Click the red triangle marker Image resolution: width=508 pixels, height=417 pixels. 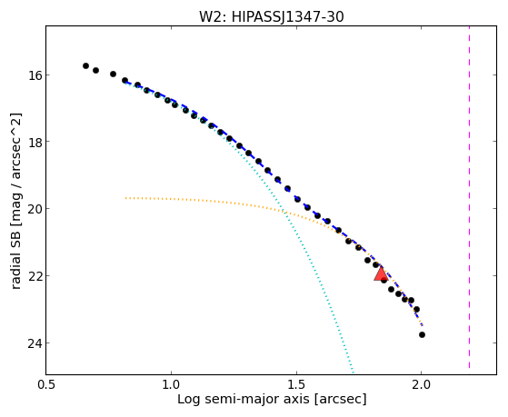tap(381, 273)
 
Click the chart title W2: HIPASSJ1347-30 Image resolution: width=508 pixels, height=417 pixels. tap(272, 16)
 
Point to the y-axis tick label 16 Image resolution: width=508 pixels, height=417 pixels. tap(35, 75)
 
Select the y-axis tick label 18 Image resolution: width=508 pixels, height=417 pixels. tap(35, 142)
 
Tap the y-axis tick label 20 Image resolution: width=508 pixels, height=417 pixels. tap(35, 209)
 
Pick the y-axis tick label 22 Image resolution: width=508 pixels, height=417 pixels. tap(35, 276)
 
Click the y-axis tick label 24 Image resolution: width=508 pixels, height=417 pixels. tap(35, 343)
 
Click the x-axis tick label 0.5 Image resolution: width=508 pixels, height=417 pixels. tap(46, 384)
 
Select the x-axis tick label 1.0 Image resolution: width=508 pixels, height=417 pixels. tap(171, 384)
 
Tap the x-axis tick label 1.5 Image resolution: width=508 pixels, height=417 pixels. tap(296, 384)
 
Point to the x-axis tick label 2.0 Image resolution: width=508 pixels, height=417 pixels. tap(421, 384)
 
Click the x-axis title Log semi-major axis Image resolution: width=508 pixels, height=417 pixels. tap(244, 399)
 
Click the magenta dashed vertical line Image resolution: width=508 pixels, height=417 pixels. tap(469, 197)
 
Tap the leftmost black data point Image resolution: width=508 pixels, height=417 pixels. tap(85, 65)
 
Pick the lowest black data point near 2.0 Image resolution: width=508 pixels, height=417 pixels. tap(422, 334)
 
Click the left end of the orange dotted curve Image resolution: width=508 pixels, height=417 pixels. tap(125, 198)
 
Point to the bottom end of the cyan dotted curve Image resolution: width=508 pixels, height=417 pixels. tap(354, 372)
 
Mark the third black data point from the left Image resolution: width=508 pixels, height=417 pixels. tap(113, 74)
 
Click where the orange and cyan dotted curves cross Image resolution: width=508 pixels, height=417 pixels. tap(284, 212)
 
